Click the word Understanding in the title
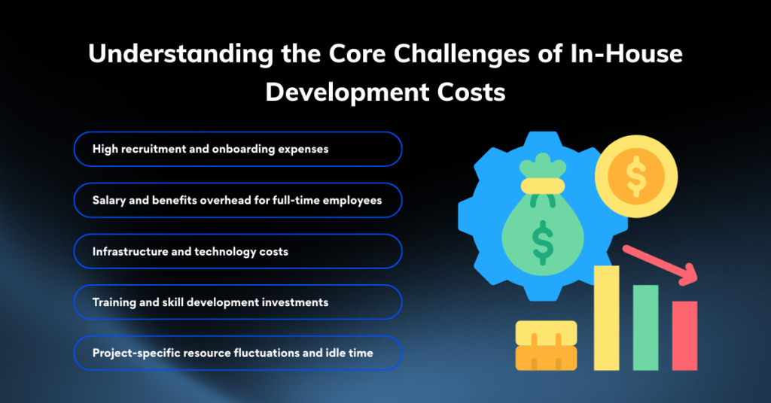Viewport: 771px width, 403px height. [181, 54]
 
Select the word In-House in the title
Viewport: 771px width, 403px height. [626, 53]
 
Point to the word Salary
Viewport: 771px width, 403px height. [108, 200]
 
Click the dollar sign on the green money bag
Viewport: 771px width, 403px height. [543, 243]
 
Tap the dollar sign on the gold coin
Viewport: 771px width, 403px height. [636, 176]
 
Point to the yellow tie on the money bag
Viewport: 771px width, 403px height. [543, 186]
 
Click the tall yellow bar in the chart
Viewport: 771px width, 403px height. [606, 318]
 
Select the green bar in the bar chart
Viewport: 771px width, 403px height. [645, 327]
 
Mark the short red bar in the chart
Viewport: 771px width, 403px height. [684, 336]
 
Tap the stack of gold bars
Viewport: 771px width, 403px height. [546, 346]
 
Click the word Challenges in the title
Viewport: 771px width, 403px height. [462, 54]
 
